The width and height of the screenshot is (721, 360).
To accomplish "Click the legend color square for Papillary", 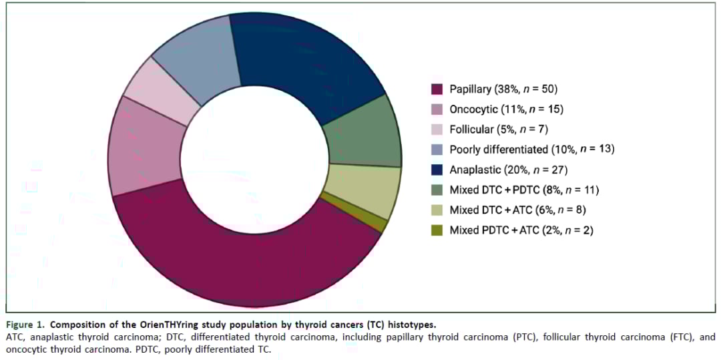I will [437, 89].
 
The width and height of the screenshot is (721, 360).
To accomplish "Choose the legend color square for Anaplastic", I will [437, 170].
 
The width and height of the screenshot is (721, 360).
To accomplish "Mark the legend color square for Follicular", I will [437, 130].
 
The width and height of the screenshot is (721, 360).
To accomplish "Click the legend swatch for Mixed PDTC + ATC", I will [437, 230].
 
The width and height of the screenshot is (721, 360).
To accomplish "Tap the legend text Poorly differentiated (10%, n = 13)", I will [531, 150].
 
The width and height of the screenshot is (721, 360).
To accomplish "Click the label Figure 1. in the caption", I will [25, 325].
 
